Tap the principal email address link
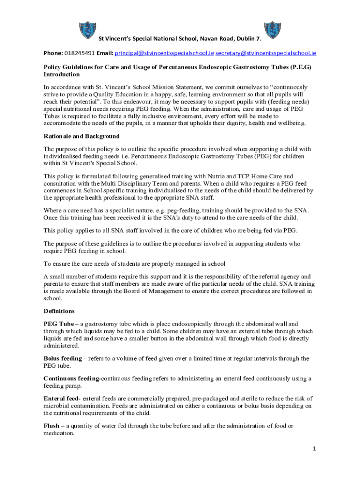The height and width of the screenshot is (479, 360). tap(165, 53)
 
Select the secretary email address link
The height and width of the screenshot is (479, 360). tap(266, 53)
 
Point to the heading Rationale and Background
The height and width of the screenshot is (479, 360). tap(81, 136)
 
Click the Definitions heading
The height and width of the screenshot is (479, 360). tap(59, 311)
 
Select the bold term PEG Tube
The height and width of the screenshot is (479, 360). tap(58, 324)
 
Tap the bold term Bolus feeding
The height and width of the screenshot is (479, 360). tap(63, 358)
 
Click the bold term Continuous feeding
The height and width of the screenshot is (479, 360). tap(72, 378)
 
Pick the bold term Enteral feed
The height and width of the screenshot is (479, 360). tap(62, 399)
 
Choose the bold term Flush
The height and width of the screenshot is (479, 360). tap(51, 426)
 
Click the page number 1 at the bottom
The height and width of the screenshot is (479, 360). tap(315, 449)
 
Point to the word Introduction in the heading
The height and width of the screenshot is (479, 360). tap(62, 74)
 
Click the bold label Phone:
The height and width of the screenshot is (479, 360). tap(53, 53)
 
